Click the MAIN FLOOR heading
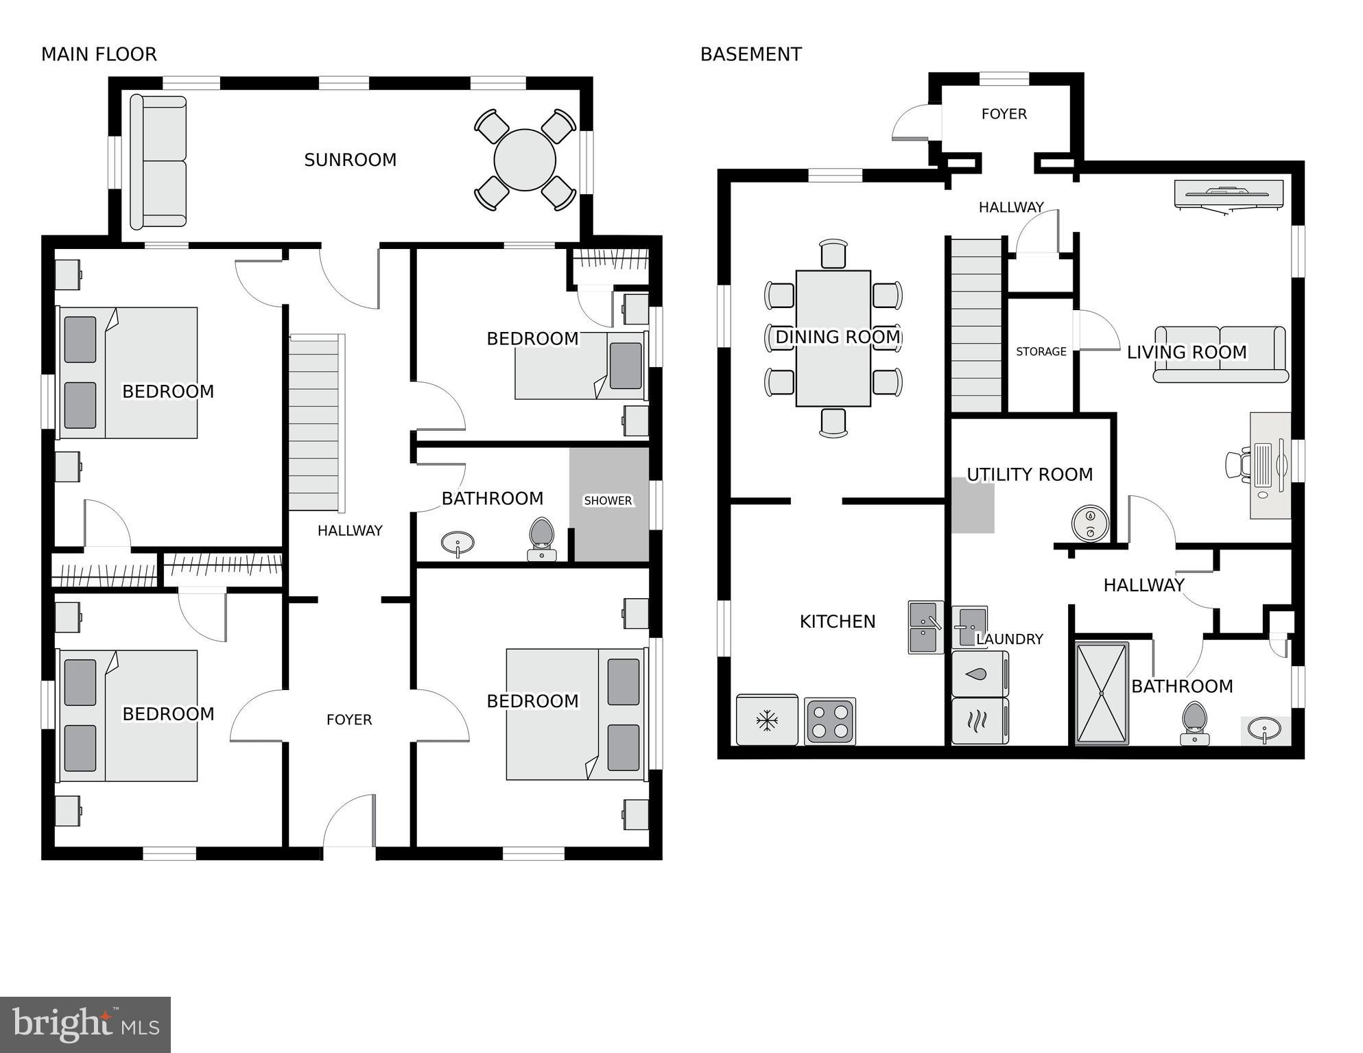pyautogui.click(x=99, y=54)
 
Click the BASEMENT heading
pyautogui.click(x=750, y=54)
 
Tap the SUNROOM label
pyautogui.click(x=350, y=160)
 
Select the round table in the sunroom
pyautogui.click(x=525, y=160)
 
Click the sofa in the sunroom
pyautogui.click(x=158, y=162)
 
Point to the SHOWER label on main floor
pyautogui.click(x=608, y=501)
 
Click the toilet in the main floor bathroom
pyautogui.click(x=542, y=539)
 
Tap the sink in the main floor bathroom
pyautogui.click(x=457, y=544)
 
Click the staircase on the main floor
pyautogui.click(x=314, y=423)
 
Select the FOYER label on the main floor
pyautogui.click(x=348, y=720)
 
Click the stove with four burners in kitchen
pyautogui.click(x=830, y=721)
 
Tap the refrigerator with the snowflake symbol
pyautogui.click(x=767, y=720)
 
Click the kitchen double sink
pyautogui.click(x=925, y=627)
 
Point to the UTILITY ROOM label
pyautogui.click(x=1029, y=475)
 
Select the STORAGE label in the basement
pyautogui.click(x=1041, y=352)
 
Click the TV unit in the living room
pyautogui.click(x=1228, y=194)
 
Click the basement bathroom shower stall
pyautogui.click(x=1102, y=694)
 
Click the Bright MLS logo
pyautogui.click(x=85, y=1025)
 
